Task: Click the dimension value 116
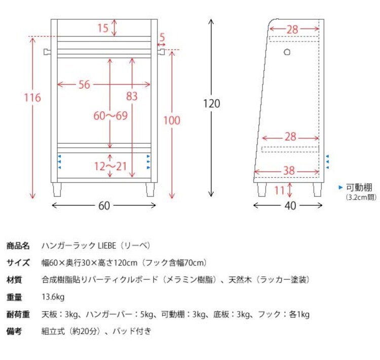pos(33,97)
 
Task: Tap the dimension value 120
pos(211,104)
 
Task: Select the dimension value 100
pos(172,120)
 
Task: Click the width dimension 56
pos(84,85)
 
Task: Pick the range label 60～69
pos(110,115)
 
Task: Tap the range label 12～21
pos(110,166)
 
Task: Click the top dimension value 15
pos(103,28)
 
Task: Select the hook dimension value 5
pos(162,37)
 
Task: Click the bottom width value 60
pos(104,206)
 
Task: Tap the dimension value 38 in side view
pos(288,171)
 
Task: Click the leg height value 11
pos(278,190)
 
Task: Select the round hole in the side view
pos(287,52)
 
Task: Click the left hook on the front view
pos(47,51)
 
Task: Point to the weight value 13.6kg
pos(53,297)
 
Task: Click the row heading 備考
pos(14,331)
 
